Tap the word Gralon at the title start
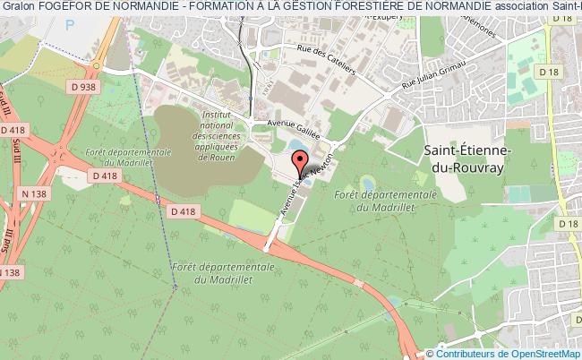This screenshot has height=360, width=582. coord(19,7)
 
